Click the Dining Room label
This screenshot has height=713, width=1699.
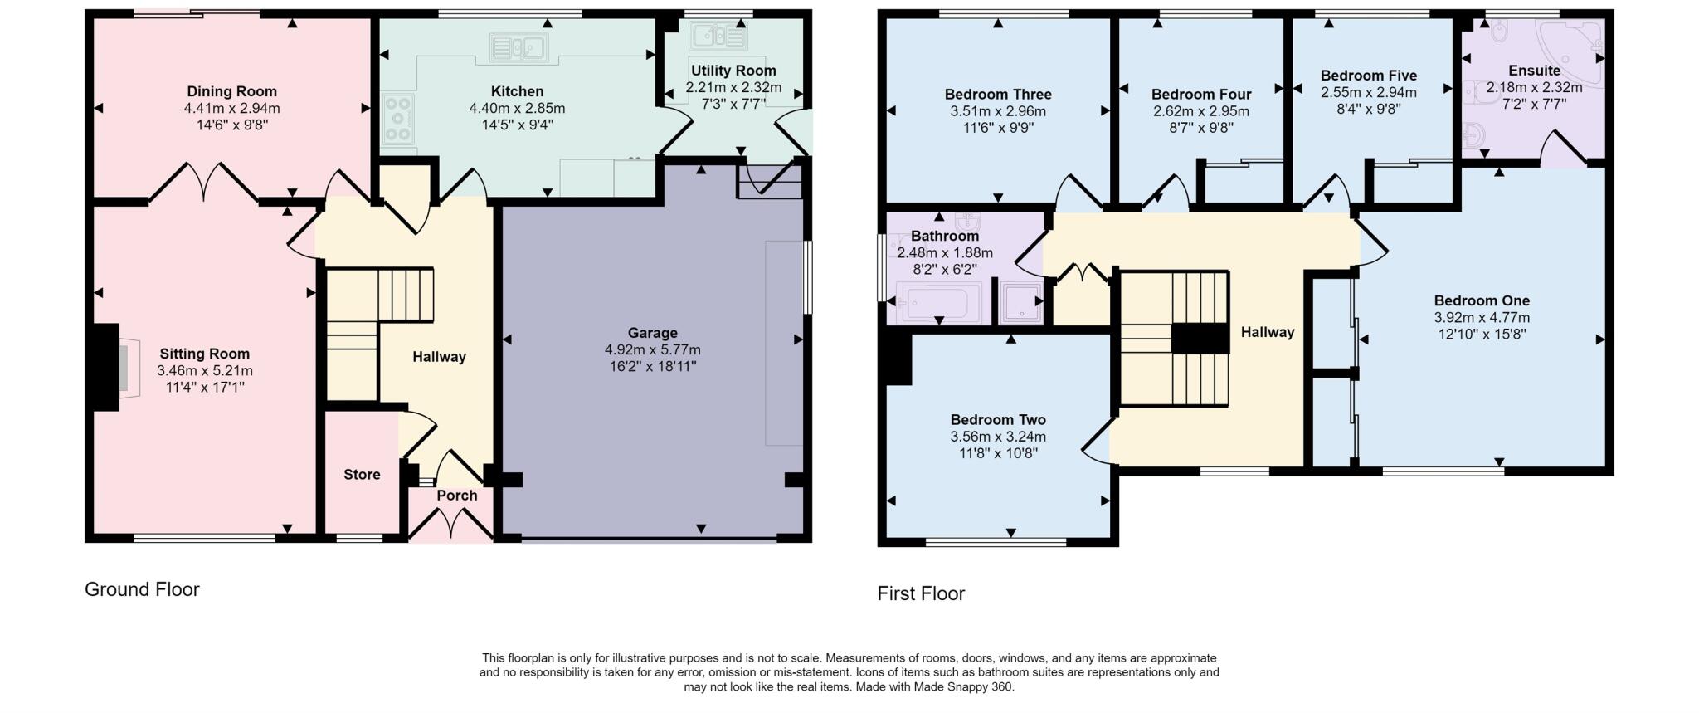pyautogui.click(x=231, y=91)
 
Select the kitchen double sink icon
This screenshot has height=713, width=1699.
pyautogui.click(x=518, y=47)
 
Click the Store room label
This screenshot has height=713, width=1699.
pyautogui.click(x=362, y=475)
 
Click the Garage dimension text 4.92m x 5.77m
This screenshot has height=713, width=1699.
pyautogui.click(x=652, y=349)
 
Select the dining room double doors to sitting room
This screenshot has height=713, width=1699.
pyautogui.click(x=203, y=183)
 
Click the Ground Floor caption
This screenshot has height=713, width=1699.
pyautogui.click(x=142, y=589)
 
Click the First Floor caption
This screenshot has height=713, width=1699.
pyautogui.click(x=921, y=593)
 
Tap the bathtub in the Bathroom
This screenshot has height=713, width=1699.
pyautogui.click(x=934, y=302)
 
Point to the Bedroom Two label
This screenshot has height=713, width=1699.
pyautogui.click(x=998, y=420)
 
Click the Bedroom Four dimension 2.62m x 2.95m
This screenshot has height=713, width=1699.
pyautogui.click(x=1200, y=111)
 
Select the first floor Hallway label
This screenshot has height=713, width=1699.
pyautogui.click(x=1267, y=332)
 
